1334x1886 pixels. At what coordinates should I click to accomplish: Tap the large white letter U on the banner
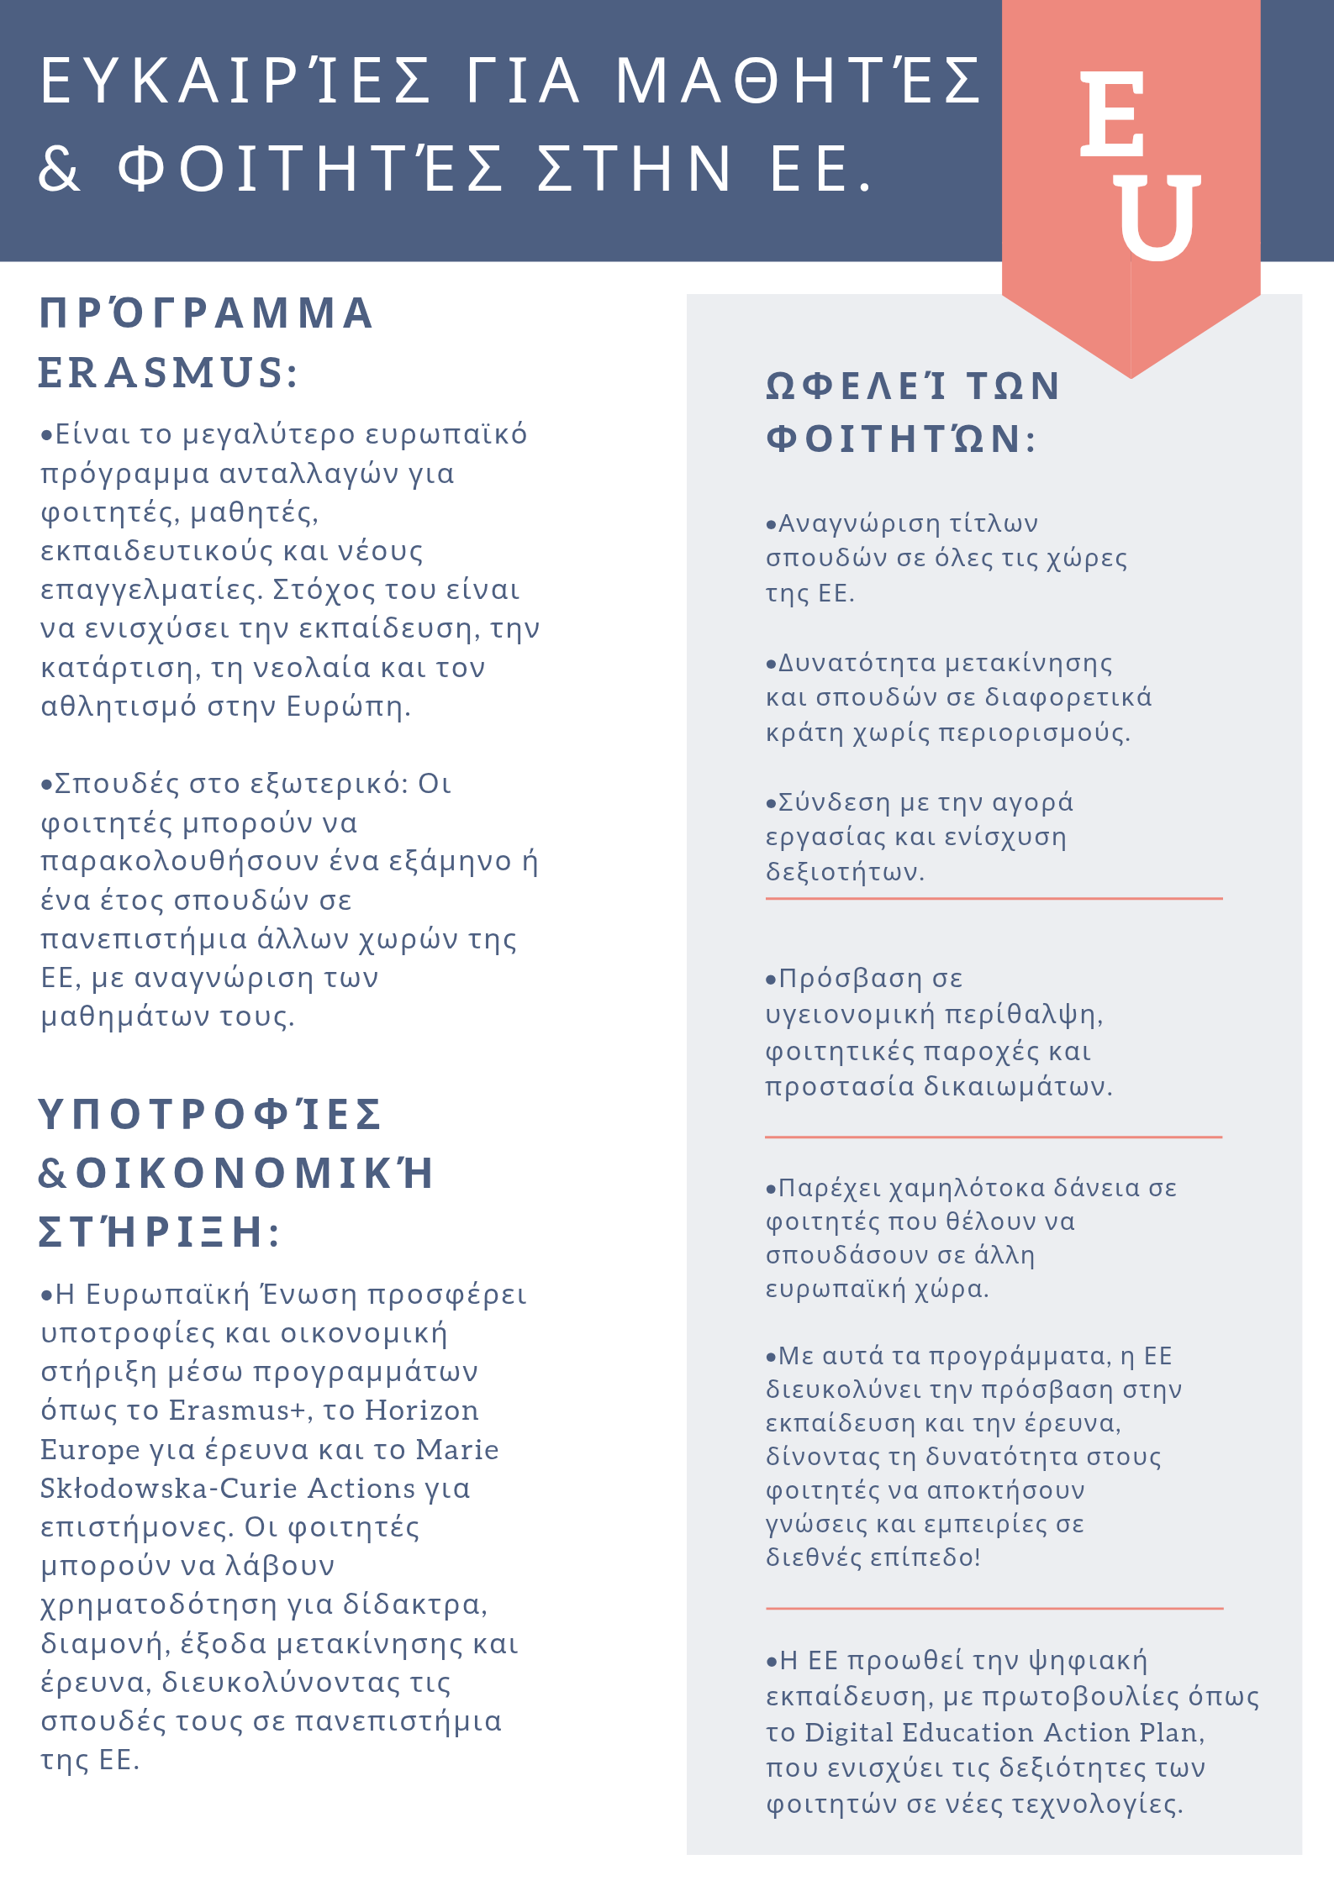pyautogui.click(x=1160, y=216)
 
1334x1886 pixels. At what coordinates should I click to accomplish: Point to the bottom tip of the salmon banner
pyautogui.click(x=1131, y=376)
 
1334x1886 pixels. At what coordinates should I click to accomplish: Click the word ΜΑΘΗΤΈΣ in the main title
pyautogui.click(x=799, y=81)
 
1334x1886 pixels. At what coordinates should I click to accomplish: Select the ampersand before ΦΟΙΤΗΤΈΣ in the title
pyautogui.click(x=60, y=168)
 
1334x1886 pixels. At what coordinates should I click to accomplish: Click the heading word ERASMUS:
pyautogui.click(x=168, y=372)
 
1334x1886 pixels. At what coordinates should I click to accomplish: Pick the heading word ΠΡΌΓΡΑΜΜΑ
pyautogui.click(x=207, y=313)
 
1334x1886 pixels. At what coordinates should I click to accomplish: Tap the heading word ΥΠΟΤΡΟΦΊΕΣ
pyautogui.click(x=211, y=1114)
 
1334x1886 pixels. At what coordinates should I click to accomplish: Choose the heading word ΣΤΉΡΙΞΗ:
pyautogui.click(x=160, y=1232)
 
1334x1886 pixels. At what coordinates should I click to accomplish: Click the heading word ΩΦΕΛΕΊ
pyautogui.click(x=857, y=386)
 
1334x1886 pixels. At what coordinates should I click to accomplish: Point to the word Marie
pyautogui.click(x=457, y=1449)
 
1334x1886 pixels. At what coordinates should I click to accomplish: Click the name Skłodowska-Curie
pyautogui.click(x=167, y=1488)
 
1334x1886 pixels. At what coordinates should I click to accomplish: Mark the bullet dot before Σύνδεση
pyautogui.click(x=771, y=804)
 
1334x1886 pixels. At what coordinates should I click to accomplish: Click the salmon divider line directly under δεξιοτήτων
pyautogui.click(x=994, y=899)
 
